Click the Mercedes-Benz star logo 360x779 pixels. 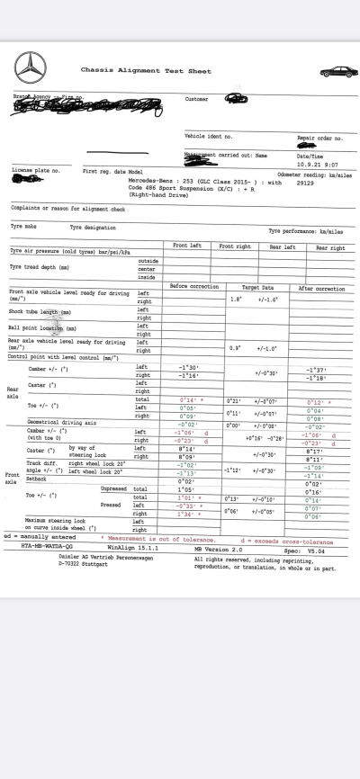[x=30, y=68]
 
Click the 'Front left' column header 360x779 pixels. [x=189, y=246]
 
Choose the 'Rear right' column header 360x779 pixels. [x=330, y=247]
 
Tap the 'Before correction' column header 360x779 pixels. [x=194, y=288]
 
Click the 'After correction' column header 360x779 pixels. [x=321, y=288]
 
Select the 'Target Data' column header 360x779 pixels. [x=258, y=288]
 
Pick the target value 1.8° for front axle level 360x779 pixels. [x=236, y=299]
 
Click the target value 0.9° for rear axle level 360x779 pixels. [x=235, y=347]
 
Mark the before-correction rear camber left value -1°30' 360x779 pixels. [x=189, y=368]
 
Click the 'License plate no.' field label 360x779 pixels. [x=36, y=169]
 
